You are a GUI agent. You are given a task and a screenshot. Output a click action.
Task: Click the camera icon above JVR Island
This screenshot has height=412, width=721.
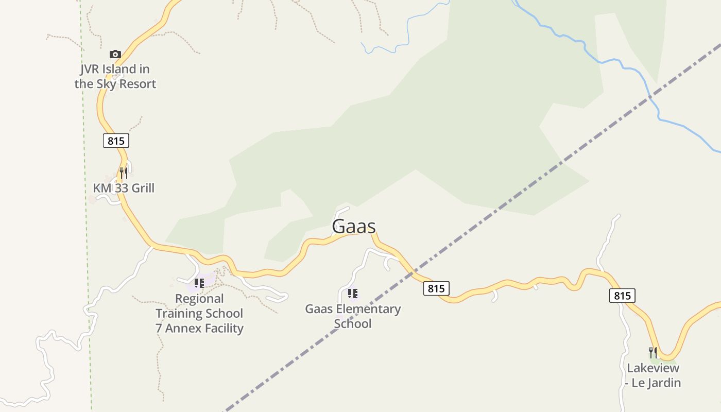click(115, 54)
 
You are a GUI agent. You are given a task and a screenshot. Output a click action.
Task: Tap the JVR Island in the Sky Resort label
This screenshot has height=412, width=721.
click(115, 76)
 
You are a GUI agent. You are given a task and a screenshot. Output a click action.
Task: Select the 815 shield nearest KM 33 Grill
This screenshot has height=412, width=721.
click(116, 141)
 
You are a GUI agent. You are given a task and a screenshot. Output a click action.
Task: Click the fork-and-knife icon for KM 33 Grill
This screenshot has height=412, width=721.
click(124, 173)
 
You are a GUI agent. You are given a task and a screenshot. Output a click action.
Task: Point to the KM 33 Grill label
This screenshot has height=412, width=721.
click(124, 188)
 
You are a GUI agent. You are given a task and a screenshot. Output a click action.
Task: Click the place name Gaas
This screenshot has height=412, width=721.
click(354, 227)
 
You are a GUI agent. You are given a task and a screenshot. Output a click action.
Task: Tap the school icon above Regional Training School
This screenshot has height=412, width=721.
click(199, 283)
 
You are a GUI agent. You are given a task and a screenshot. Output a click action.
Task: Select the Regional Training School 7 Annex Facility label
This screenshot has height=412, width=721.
click(199, 313)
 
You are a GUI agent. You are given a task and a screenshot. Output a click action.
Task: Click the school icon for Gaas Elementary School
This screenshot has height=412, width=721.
click(353, 294)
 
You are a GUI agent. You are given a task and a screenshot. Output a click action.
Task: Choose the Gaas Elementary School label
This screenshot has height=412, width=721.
click(353, 316)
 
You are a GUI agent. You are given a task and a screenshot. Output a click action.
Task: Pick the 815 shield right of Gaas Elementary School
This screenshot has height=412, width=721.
click(436, 288)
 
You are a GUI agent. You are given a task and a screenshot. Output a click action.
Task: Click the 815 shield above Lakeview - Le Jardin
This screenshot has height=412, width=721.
click(622, 296)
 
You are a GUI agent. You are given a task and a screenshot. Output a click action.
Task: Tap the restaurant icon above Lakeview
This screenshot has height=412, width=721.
click(653, 353)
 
